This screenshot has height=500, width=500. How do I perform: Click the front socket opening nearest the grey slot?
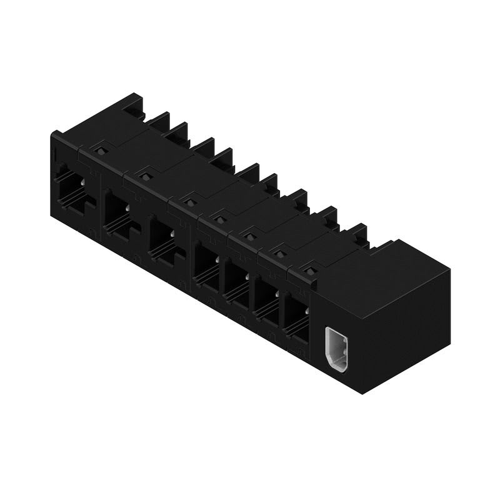coord(296,317)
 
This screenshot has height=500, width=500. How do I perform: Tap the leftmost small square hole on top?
coord(99,151)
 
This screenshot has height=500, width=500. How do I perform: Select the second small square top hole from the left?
coord(145,177)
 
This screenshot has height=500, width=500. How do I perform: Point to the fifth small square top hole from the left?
coord(250,236)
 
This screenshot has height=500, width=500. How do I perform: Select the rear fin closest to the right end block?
coord(359,232)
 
